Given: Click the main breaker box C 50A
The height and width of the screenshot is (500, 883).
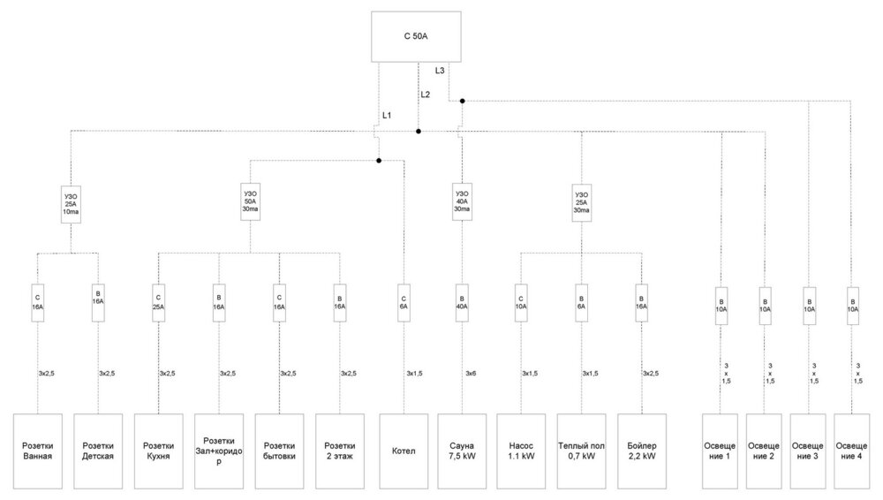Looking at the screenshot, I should (x=415, y=37).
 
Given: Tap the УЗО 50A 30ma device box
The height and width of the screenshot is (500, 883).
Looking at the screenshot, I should (x=250, y=202).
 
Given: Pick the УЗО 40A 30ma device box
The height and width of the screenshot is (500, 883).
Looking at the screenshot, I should (x=461, y=202).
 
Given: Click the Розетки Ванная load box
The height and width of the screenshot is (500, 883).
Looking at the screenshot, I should (x=36, y=451).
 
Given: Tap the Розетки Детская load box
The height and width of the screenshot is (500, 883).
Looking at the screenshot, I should (x=97, y=451).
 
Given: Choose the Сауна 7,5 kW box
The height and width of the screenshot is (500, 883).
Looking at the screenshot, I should (x=462, y=451).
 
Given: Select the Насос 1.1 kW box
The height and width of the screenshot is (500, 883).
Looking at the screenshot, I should (x=523, y=451).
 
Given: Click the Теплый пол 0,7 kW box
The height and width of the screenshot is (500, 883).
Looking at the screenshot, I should (x=583, y=451).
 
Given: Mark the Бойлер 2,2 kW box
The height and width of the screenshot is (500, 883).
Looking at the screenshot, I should (x=643, y=451).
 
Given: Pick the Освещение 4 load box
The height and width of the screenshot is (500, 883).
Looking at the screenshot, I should (x=851, y=451).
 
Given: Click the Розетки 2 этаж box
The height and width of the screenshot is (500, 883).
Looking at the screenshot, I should (x=340, y=451).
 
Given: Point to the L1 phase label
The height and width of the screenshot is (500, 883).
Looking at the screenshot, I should (x=387, y=115).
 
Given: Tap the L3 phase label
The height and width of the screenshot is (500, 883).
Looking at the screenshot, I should (x=440, y=70).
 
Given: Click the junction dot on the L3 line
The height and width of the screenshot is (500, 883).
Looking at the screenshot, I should (x=462, y=101).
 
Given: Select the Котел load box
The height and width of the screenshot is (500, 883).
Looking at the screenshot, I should (x=403, y=451).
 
